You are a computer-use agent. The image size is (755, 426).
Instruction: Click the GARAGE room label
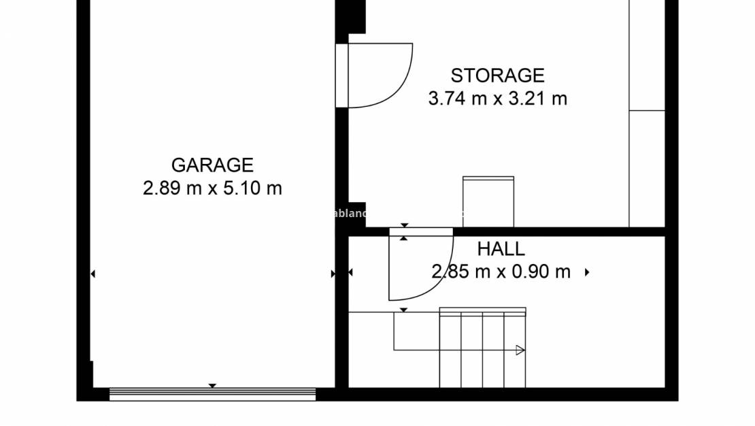[212, 165]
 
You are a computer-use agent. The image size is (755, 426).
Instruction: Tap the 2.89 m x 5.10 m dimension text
[212, 189]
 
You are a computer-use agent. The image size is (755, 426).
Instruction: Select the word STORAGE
[497, 75]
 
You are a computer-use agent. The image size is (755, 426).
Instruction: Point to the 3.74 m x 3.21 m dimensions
[497, 99]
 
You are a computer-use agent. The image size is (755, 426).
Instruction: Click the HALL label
[501, 249]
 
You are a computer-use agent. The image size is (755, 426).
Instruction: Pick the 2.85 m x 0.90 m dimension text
[501, 272]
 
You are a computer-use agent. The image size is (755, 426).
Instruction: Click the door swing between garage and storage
[381, 76]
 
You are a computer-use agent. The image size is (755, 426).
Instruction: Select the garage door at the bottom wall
[212, 393]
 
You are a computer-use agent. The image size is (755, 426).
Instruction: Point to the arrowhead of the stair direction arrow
[520, 350]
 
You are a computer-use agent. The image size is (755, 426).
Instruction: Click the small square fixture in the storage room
[488, 201]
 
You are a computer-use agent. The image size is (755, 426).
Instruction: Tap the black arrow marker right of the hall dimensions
[587, 272]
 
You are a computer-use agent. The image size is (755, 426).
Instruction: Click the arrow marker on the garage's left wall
[93, 274]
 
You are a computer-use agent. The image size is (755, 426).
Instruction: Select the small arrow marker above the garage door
[212, 386]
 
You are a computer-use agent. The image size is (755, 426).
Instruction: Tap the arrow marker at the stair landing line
[403, 310]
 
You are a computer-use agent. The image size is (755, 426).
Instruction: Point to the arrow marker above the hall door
[404, 225]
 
